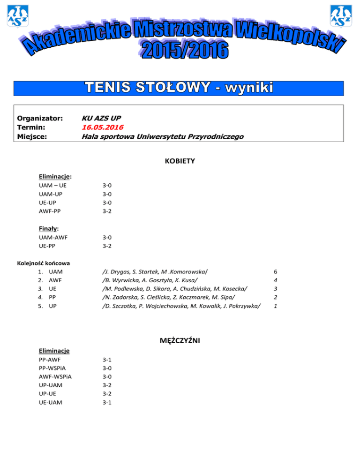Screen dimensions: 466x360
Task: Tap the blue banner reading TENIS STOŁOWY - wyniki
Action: [180, 88]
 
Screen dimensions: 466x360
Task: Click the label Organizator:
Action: [40, 118]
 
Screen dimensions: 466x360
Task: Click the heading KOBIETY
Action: [180, 161]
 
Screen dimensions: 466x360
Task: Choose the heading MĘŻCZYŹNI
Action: [180, 341]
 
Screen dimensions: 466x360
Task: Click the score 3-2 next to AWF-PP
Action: [107, 211]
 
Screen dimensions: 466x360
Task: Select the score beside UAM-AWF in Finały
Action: [107, 237]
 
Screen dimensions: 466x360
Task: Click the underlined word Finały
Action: [48, 229]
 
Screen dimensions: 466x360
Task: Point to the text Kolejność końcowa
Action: [44, 263]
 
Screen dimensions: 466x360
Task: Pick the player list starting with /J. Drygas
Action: [155, 272]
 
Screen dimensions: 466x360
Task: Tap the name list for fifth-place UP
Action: [181, 306]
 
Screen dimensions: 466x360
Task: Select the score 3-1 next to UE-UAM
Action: [107, 402]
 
